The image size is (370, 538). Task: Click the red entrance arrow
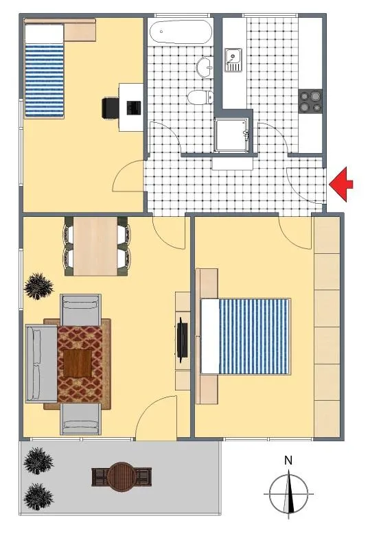click(340, 184)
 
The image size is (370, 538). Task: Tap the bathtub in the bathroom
click(181, 32)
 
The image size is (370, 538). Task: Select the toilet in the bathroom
click(200, 97)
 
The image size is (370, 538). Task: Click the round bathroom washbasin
click(205, 66)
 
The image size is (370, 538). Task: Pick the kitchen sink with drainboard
click(233, 60)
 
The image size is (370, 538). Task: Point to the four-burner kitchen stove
click(310, 102)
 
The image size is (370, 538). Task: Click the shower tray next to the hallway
click(232, 135)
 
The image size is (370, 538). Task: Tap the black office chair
click(111, 108)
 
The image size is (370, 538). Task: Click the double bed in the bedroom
click(246, 336)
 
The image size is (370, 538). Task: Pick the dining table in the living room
click(95, 246)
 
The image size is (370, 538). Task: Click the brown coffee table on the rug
click(78, 364)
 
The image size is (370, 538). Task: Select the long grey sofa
click(41, 364)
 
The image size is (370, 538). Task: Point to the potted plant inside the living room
click(38, 286)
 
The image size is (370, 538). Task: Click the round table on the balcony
click(121, 477)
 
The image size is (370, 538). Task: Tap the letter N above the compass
click(288, 460)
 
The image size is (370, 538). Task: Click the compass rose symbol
click(289, 494)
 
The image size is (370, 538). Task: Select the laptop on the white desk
click(134, 108)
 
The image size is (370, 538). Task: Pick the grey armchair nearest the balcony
click(81, 419)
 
